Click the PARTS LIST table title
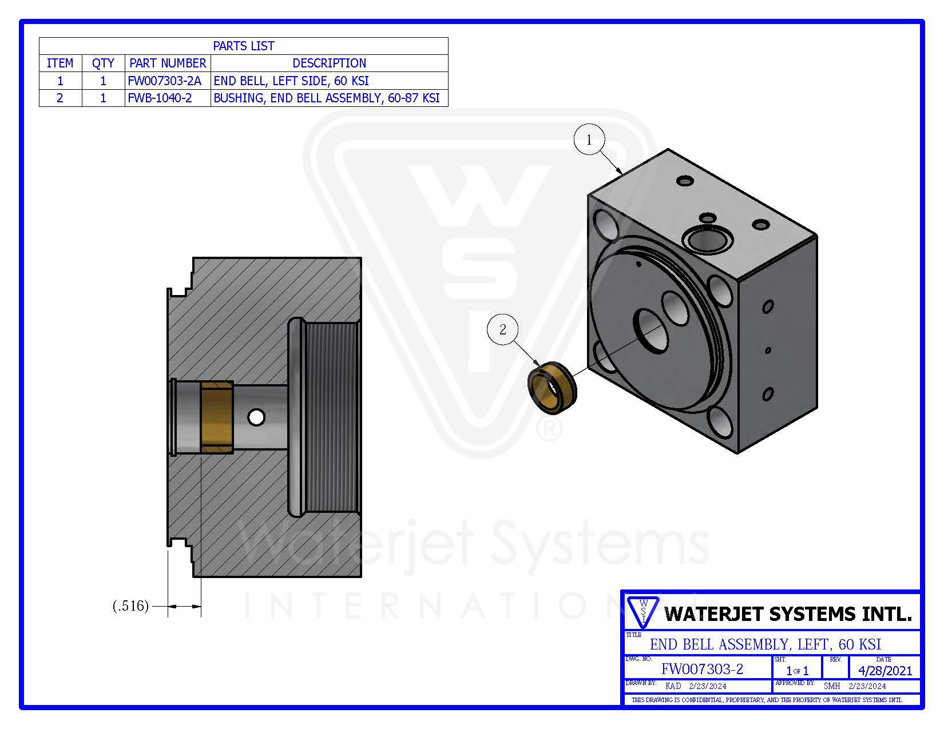click(243, 46)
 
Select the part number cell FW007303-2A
click(164, 81)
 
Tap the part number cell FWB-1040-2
click(160, 98)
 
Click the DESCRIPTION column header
click(330, 63)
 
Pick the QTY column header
click(103, 63)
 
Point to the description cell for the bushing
click(327, 98)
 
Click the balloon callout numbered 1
click(589, 140)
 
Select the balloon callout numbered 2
click(503, 329)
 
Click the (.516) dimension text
click(131, 605)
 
